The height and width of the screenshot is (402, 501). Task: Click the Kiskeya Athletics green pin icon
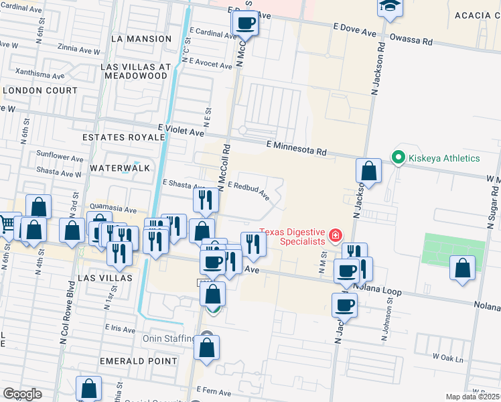tap(399, 158)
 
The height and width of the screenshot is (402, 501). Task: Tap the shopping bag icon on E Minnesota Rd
tap(368, 172)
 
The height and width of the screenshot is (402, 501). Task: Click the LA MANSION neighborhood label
tap(141, 39)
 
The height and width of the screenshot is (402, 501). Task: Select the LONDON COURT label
tap(40, 90)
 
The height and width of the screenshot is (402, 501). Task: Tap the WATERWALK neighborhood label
tap(120, 167)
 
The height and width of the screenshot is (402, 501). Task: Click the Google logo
tap(21, 394)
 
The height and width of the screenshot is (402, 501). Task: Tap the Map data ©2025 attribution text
tap(472, 397)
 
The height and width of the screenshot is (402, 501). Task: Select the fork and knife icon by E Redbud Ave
tap(205, 200)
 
